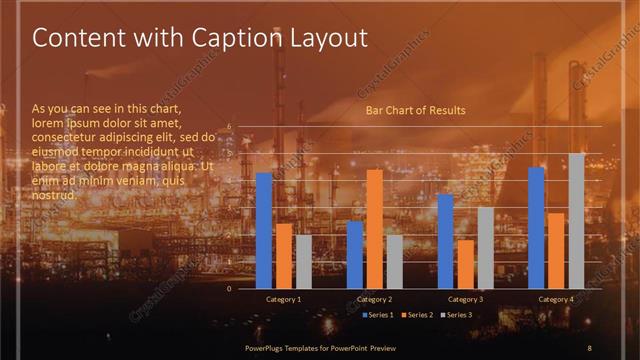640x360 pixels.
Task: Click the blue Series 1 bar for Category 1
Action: [264, 230]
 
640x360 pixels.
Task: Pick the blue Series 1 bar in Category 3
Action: [446, 241]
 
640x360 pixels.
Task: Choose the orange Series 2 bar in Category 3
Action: [465, 263]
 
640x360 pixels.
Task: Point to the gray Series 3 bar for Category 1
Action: [303, 261]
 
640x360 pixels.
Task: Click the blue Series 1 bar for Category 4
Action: [537, 227]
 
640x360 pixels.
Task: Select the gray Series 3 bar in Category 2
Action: [394, 261]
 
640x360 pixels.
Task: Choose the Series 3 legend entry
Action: [457, 315]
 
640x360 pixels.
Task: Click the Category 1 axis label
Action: [284, 299]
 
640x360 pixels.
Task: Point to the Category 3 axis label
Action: [465, 299]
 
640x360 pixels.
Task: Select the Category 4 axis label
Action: [556, 299]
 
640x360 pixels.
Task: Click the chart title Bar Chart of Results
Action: [416, 110]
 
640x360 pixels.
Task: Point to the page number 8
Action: [590, 347]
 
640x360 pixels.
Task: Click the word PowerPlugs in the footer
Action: [267, 347]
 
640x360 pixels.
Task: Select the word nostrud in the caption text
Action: [55, 195]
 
